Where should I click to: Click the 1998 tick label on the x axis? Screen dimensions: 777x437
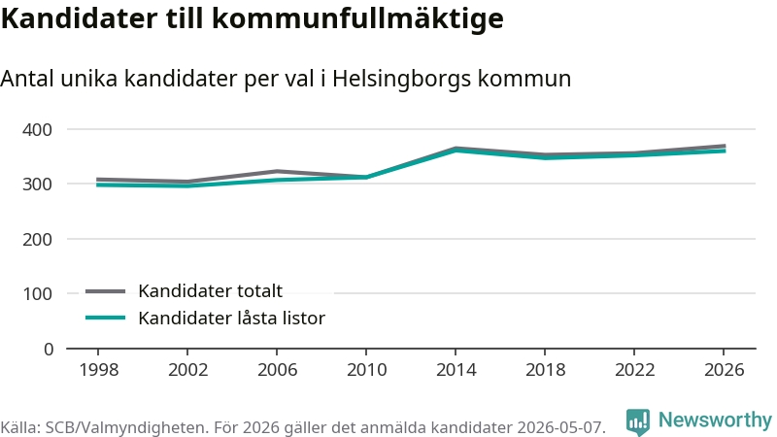pyautogui.click(x=99, y=370)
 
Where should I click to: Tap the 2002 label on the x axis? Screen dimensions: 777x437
pyautogui.click(x=187, y=370)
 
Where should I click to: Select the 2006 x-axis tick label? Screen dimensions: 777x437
pyautogui.click(x=277, y=370)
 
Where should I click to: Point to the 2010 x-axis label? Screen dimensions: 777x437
pyautogui.click(x=367, y=370)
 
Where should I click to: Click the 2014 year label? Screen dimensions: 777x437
pyautogui.click(x=456, y=370)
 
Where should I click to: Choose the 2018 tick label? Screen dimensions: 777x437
pyautogui.click(x=545, y=370)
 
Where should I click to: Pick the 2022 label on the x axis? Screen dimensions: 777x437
pyautogui.click(x=635, y=370)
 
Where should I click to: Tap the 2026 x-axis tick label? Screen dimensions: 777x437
pyautogui.click(x=724, y=370)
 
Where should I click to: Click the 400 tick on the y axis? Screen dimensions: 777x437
pyautogui.click(x=37, y=130)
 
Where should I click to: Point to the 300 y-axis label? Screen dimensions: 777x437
pyautogui.click(x=37, y=185)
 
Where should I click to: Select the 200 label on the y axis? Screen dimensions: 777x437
pyautogui.click(x=37, y=239)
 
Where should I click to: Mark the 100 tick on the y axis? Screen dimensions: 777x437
pyautogui.click(x=37, y=294)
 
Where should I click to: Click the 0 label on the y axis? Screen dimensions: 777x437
pyautogui.click(x=48, y=350)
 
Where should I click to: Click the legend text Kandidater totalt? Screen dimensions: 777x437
pyautogui.click(x=210, y=290)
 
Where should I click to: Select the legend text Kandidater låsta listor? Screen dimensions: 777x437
pyautogui.click(x=231, y=318)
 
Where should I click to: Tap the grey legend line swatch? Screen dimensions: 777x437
pyautogui.click(x=105, y=291)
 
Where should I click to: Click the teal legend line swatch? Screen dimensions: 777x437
pyautogui.click(x=105, y=318)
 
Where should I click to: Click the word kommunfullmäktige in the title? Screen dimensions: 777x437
pyautogui.click(x=357, y=18)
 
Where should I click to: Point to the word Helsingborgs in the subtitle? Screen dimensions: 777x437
pyautogui.click(x=401, y=80)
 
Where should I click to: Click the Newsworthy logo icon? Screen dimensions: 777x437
pyautogui.click(x=638, y=421)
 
